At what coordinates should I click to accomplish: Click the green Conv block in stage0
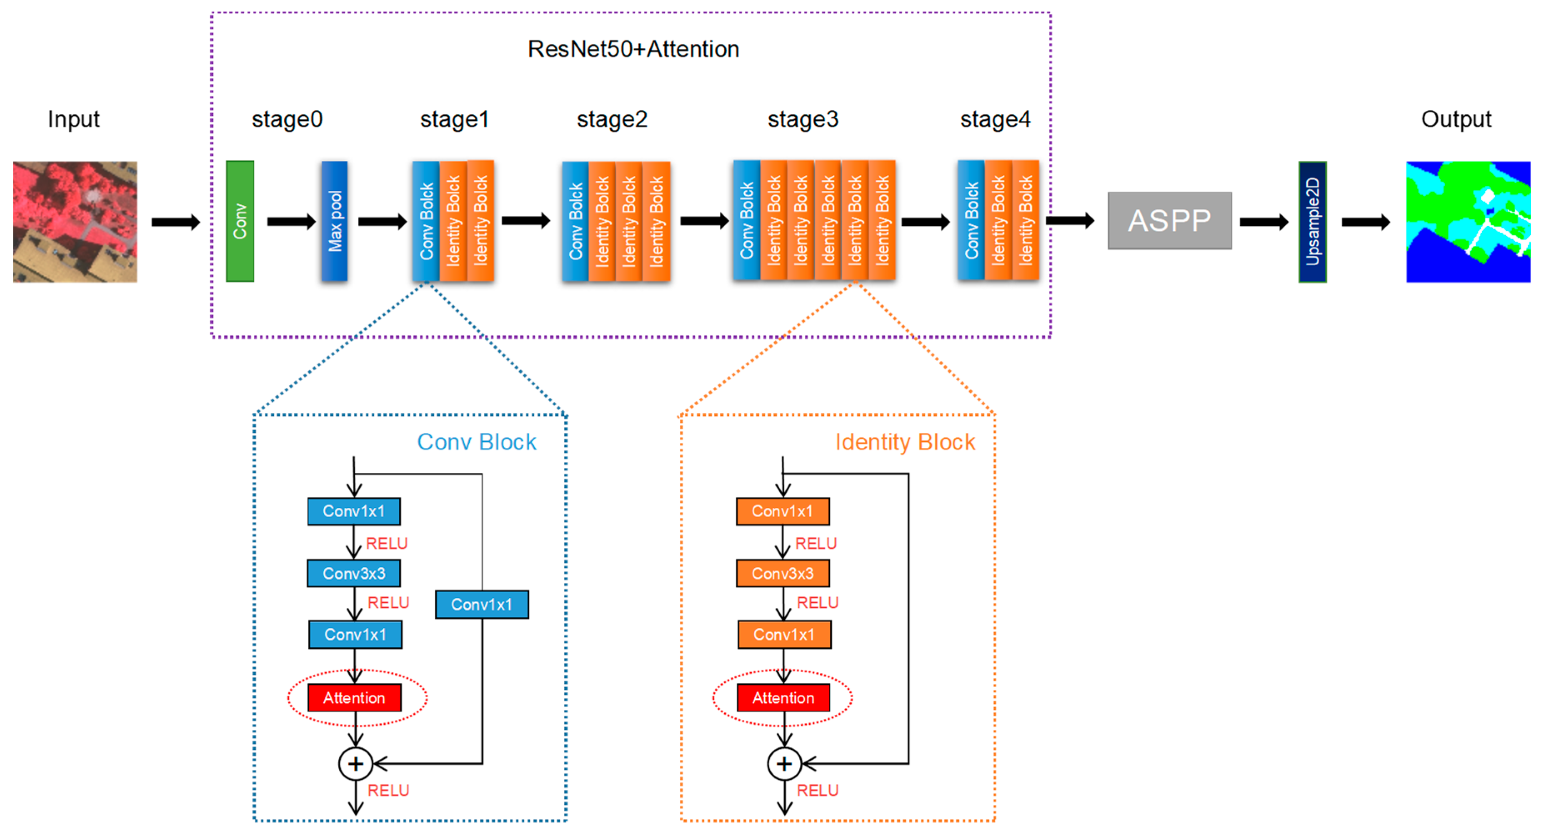240,221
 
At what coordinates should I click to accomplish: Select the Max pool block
335,221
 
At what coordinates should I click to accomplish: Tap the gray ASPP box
1169,220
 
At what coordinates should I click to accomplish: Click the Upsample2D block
1312,222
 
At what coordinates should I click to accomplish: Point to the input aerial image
75,222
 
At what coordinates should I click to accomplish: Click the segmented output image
1468,222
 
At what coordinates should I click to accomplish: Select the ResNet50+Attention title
633,49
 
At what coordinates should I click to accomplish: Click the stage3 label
803,119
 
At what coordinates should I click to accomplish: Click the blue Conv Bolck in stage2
576,222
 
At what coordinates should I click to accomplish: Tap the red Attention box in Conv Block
354,698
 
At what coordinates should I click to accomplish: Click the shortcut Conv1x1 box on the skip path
482,604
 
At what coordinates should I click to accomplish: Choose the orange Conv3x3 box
783,574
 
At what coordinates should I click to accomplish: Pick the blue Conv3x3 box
354,574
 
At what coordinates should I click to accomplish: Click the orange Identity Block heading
905,442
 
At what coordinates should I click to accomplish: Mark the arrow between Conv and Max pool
291,222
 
